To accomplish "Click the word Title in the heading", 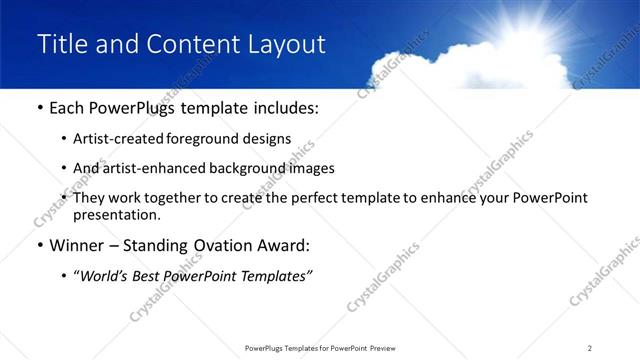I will point(61,44).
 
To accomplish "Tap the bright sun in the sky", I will point(544,17).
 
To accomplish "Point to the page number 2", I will point(590,347).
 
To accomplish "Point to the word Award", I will point(288,245).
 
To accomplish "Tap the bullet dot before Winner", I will point(39,246).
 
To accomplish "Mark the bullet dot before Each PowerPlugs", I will point(39,108).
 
